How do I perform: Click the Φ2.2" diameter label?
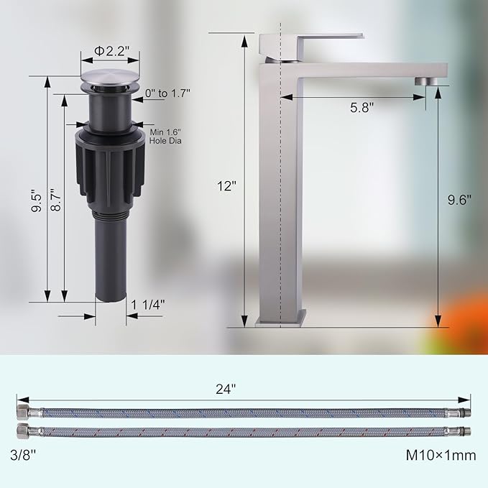click(x=111, y=51)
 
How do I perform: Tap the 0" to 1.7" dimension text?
click(x=167, y=93)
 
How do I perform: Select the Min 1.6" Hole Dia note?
click(x=165, y=137)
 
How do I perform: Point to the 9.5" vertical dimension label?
click(x=37, y=201)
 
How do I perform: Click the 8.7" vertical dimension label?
click(x=56, y=200)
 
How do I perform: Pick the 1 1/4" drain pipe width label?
click(x=148, y=305)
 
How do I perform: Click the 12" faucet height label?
click(x=226, y=186)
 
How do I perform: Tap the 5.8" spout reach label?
click(x=362, y=107)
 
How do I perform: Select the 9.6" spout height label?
click(x=459, y=200)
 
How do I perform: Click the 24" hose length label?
click(x=226, y=389)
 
